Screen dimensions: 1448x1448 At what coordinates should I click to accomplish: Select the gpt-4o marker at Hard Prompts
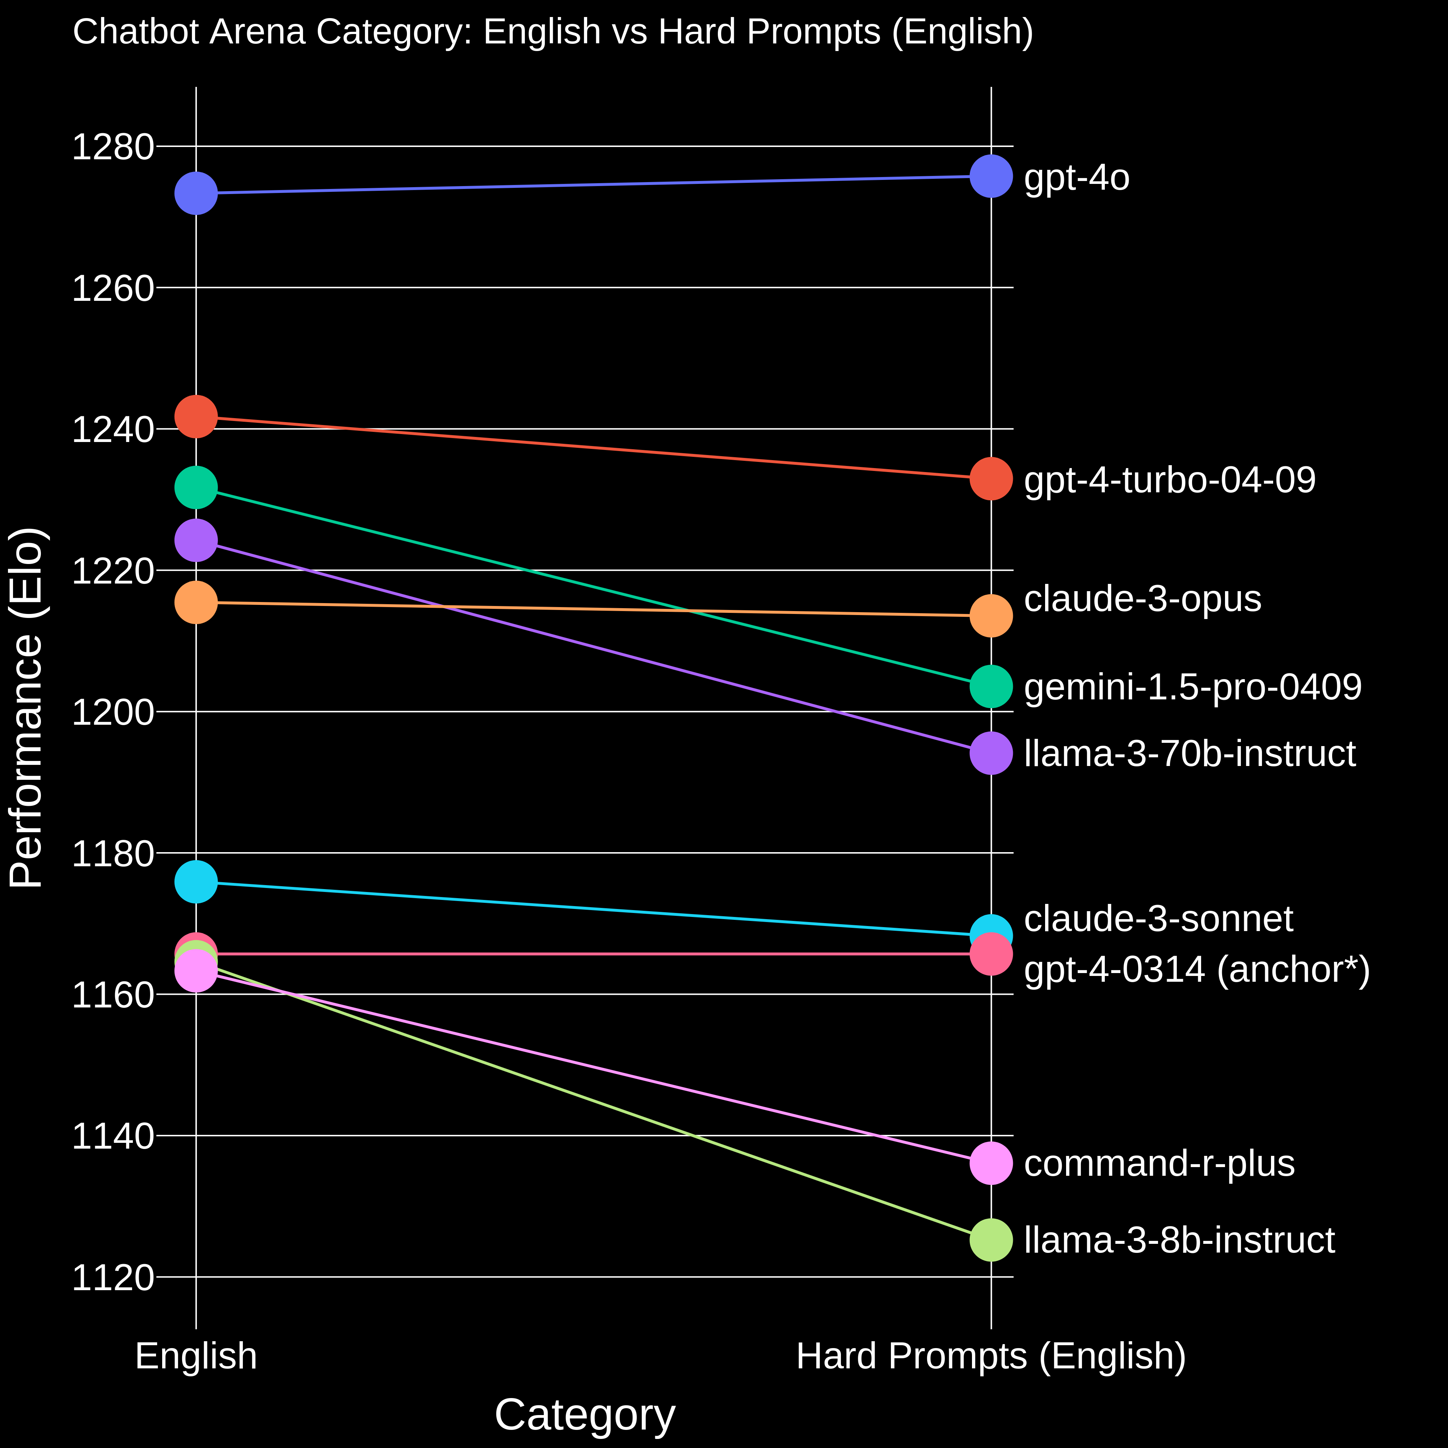pyautogui.click(x=991, y=176)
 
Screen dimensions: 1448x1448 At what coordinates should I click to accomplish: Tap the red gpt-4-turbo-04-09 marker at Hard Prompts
pyautogui.click(x=991, y=478)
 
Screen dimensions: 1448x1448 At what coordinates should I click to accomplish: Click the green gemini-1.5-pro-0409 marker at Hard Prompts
pyautogui.click(x=991, y=686)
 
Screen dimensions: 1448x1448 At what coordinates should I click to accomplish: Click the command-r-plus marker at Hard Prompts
pyautogui.click(x=991, y=1163)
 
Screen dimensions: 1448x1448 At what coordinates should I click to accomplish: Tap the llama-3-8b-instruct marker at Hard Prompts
pyautogui.click(x=991, y=1239)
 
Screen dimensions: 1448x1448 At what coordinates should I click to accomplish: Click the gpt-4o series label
pyautogui.click(x=1076, y=178)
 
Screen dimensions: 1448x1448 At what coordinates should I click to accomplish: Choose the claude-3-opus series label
pyautogui.click(x=1142, y=599)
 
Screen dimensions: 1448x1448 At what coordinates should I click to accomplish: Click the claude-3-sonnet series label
pyautogui.click(x=1158, y=919)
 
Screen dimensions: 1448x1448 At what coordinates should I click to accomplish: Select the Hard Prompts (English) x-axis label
pyautogui.click(x=991, y=1356)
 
